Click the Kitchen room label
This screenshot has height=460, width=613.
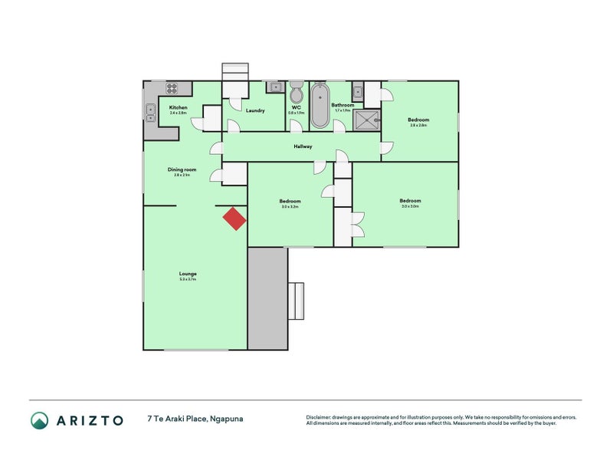178,107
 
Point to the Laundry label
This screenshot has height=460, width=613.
255,110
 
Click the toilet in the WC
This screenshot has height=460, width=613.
297,96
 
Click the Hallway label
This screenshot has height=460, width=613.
303,146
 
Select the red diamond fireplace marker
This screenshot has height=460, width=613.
234,219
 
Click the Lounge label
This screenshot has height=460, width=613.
188,274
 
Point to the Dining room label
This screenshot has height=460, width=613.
182,169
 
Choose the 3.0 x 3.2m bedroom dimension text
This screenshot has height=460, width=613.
289,206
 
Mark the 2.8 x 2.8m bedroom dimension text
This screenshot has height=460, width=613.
418,125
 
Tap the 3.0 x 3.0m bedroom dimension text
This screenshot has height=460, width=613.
410,206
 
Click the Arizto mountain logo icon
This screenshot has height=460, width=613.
40,420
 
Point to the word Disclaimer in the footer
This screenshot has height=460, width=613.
322,417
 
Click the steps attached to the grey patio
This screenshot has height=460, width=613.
296,301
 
